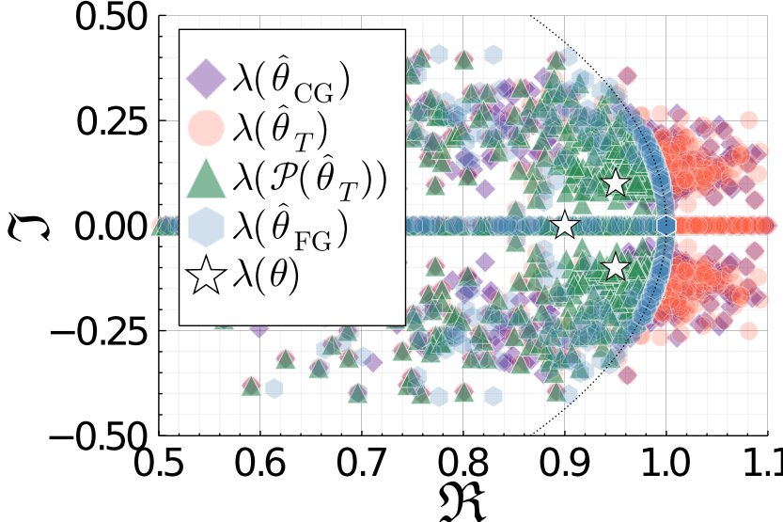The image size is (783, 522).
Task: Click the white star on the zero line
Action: tap(564, 226)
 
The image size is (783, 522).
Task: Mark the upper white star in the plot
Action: tap(615, 183)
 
